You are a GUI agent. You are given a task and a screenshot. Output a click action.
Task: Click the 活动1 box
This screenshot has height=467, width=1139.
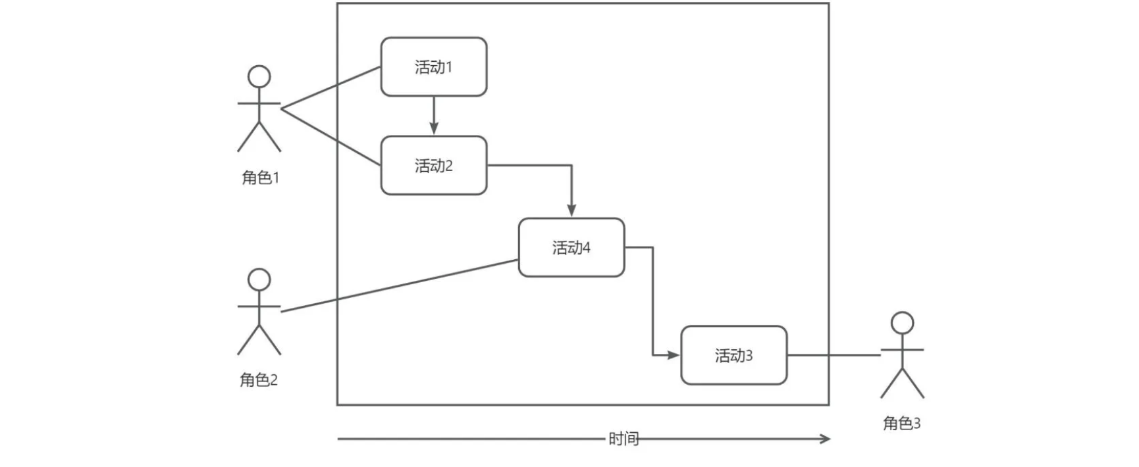(x=434, y=67)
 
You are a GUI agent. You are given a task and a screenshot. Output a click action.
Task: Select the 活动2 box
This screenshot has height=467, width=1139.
(x=434, y=166)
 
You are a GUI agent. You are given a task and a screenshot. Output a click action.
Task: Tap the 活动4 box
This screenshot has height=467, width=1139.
(x=571, y=247)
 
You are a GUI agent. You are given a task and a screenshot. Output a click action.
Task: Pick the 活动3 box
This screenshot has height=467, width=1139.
(x=733, y=355)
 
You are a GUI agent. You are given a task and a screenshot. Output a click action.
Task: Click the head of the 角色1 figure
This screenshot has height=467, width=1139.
(x=259, y=76)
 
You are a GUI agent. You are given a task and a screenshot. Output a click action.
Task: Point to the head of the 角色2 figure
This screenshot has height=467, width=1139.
(x=259, y=280)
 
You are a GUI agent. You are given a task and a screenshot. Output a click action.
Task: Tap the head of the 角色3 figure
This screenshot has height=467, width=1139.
(x=902, y=323)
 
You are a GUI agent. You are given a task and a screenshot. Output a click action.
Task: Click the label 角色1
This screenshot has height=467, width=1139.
(x=261, y=178)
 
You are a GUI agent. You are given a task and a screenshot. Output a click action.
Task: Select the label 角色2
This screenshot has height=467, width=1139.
(x=259, y=380)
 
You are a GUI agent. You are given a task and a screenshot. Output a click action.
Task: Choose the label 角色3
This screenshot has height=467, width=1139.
(x=902, y=424)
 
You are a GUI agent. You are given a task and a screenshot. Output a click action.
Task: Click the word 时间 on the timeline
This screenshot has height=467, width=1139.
(x=623, y=439)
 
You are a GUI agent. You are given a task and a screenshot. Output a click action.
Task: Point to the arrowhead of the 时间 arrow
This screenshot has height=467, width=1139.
(x=826, y=439)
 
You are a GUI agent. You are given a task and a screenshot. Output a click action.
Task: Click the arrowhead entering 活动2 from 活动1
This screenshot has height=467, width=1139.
(x=434, y=129)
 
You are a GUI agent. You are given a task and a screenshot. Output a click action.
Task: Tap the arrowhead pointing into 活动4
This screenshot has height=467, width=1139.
(x=571, y=210)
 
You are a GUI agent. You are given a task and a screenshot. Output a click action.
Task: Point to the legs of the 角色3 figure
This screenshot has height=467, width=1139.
(x=902, y=385)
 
